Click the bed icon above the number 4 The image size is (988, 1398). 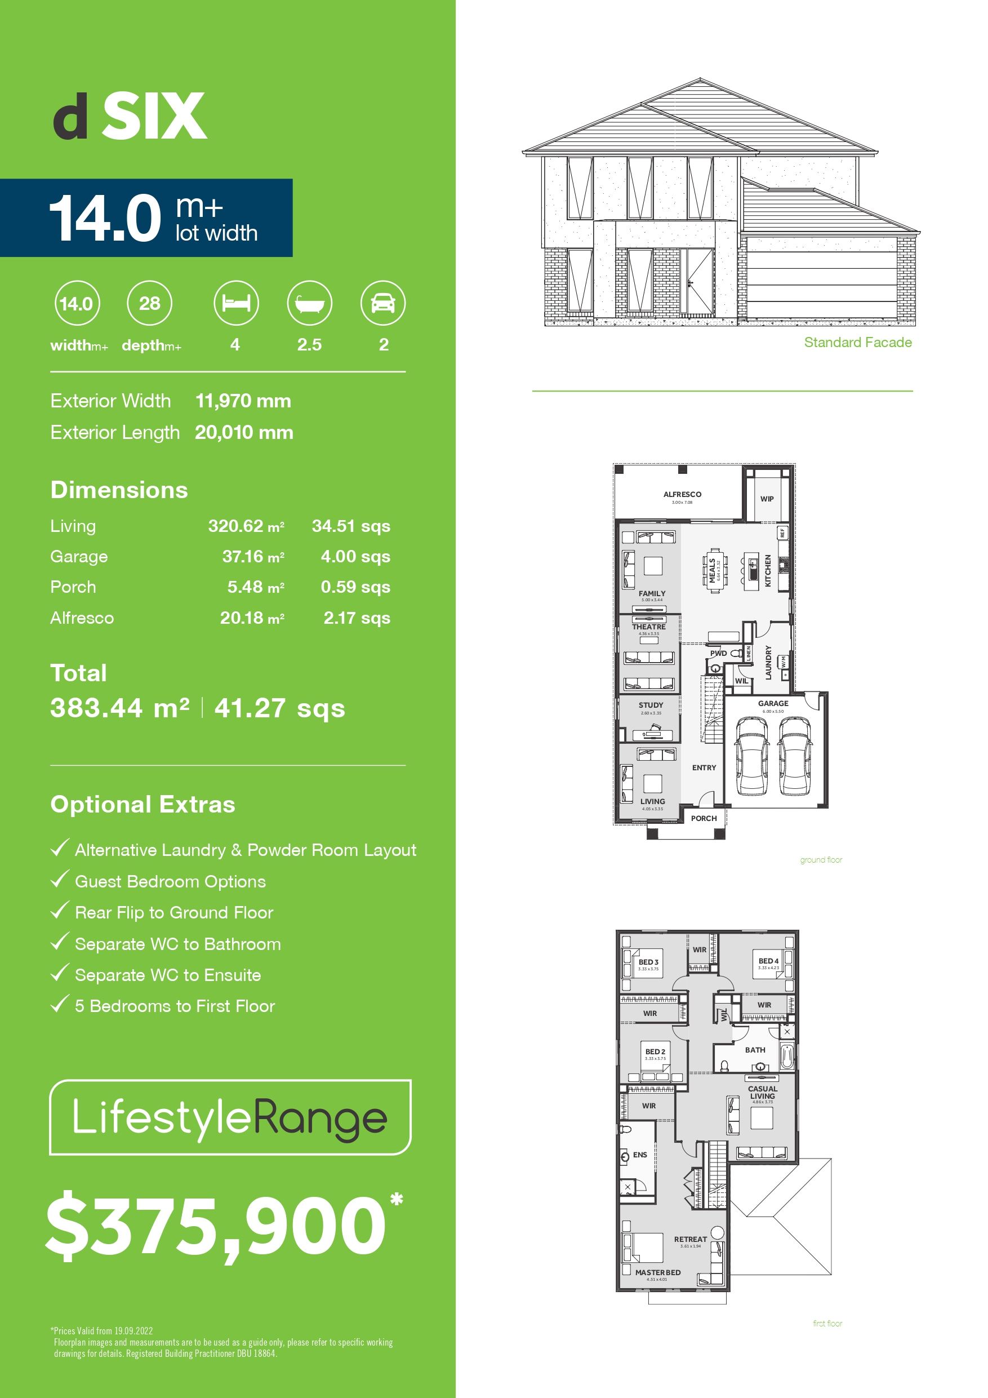235,303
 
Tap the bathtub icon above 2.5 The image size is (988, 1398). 309,303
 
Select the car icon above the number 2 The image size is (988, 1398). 383,303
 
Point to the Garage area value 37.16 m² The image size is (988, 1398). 252,557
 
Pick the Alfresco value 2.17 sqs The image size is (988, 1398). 357,618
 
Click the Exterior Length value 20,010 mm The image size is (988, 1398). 244,432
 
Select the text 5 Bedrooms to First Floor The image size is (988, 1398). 175,1006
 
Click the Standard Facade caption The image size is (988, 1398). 858,342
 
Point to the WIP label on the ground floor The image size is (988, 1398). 767,499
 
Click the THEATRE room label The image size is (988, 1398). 649,627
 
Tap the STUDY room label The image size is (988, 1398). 651,705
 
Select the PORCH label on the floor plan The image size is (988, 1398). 704,818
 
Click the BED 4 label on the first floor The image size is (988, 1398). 768,961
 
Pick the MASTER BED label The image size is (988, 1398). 658,1272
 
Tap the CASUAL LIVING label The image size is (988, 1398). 763,1093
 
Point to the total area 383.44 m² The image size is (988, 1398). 120,708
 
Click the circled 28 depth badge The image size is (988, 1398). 150,303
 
